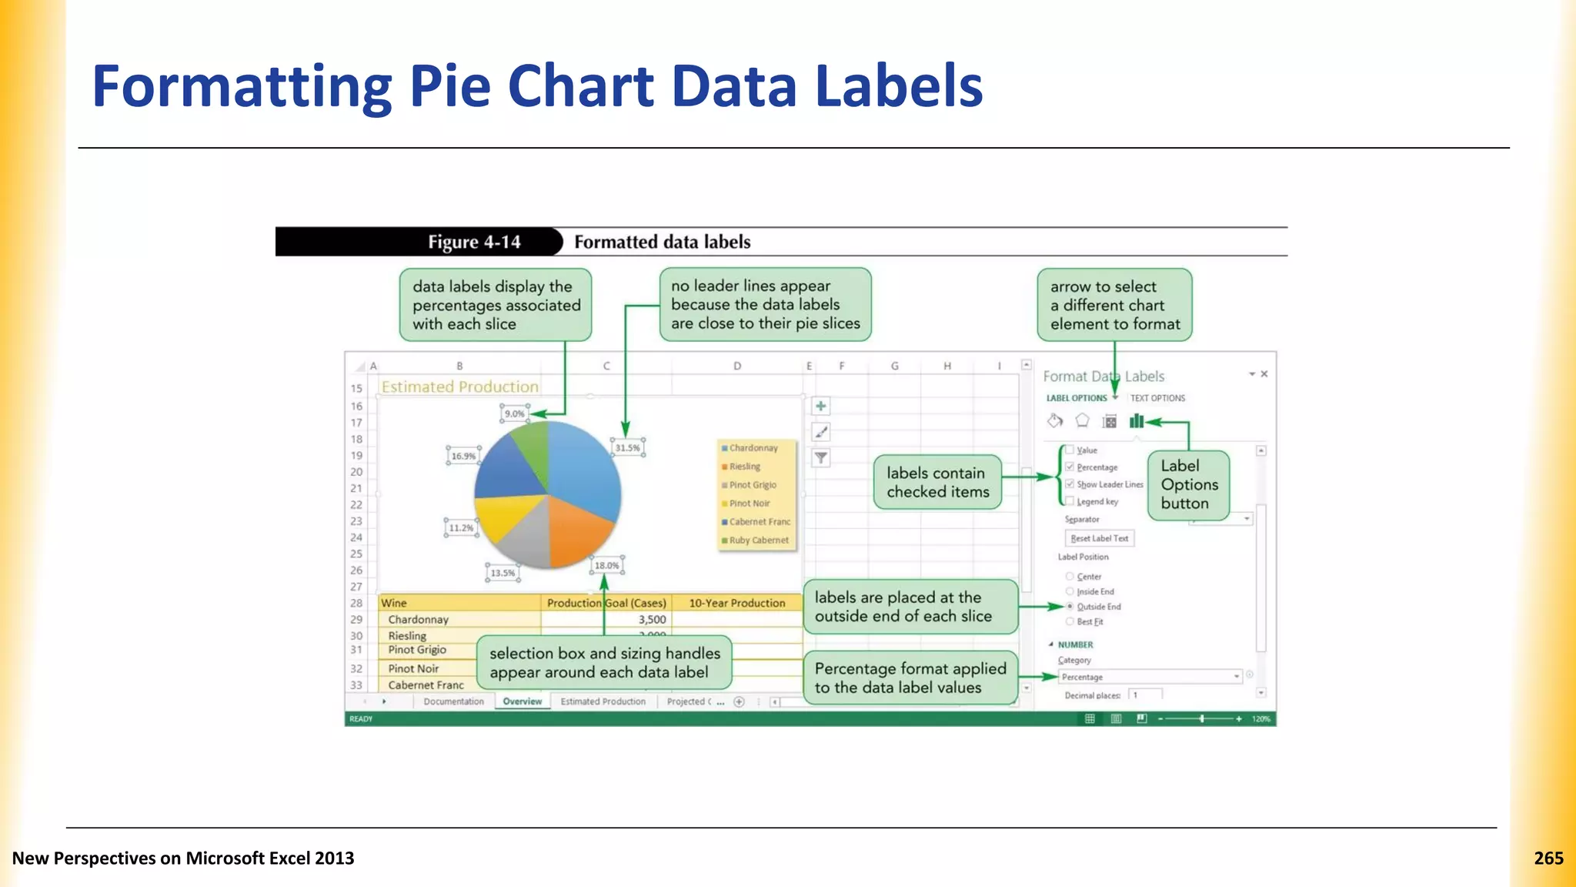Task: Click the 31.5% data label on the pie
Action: pos(627,447)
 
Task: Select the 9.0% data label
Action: pos(514,413)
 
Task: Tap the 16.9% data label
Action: pos(463,456)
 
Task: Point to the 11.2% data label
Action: pos(461,527)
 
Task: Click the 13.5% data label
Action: pos(503,573)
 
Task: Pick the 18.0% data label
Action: pos(606,565)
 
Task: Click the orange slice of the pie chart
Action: pos(577,531)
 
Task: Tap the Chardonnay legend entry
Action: pos(753,448)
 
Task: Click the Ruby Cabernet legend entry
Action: pos(758,541)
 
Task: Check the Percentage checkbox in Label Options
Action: pos(1070,467)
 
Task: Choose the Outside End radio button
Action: pos(1070,607)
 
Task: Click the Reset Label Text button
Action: pos(1099,538)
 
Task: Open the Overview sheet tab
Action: pos(522,701)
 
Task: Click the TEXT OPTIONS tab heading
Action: pos(1157,398)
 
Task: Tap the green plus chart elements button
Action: pos(821,406)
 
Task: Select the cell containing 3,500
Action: pos(652,619)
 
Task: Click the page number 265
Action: pos(1548,858)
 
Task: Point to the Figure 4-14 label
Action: pos(474,242)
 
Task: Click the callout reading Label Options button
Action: pos(1189,484)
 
